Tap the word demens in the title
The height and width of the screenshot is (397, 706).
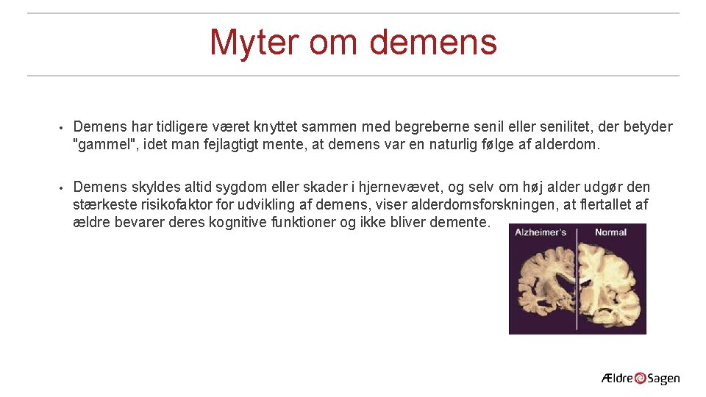click(x=433, y=42)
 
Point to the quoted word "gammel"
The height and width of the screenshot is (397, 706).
click(x=107, y=145)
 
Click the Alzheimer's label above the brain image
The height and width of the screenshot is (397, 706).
click(x=541, y=232)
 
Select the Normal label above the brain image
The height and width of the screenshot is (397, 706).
click(x=610, y=232)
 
